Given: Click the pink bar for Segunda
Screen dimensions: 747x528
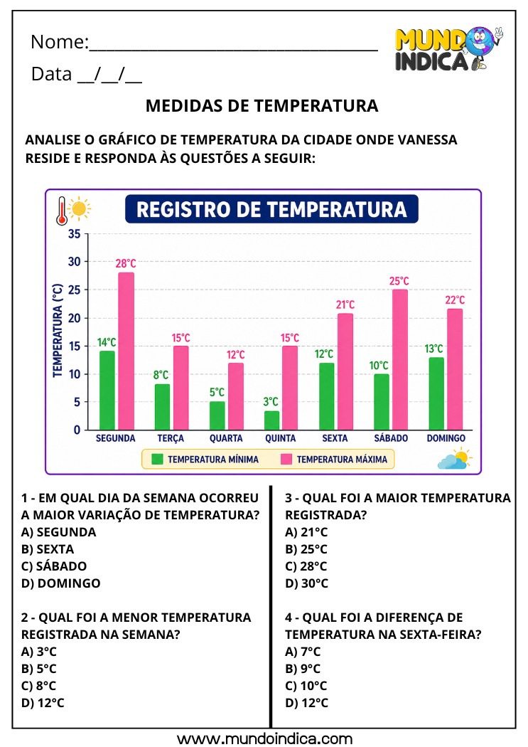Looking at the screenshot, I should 126,351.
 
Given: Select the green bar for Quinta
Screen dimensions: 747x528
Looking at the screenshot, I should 271,420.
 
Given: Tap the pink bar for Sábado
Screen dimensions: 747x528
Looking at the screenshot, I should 399,359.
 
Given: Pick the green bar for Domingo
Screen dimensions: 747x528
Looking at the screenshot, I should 436,393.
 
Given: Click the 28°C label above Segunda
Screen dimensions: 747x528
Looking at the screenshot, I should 126,264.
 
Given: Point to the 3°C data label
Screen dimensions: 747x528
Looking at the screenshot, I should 271,402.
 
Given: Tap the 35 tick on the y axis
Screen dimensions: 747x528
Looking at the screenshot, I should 75,233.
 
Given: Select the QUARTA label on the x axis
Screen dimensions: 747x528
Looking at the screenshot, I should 225,439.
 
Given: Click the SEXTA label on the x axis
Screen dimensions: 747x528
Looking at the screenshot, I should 335,439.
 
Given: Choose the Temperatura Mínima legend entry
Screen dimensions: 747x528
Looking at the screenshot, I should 205,460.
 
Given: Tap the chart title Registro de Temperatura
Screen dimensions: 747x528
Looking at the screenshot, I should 271,210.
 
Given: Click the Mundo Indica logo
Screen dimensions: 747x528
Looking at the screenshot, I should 447,49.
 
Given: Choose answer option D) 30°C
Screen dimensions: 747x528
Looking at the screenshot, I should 306,583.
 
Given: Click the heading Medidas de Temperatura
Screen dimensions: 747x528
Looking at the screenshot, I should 262,106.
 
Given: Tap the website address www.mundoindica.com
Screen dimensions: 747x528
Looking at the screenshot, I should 264,738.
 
